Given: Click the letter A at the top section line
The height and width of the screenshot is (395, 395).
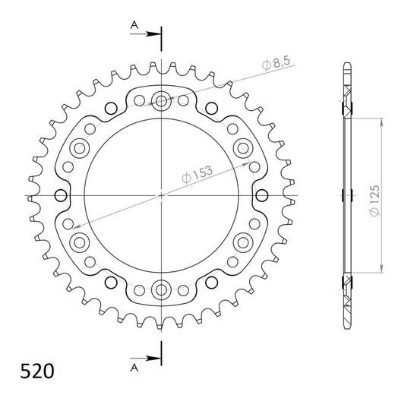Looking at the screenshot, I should click(x=134, y=25).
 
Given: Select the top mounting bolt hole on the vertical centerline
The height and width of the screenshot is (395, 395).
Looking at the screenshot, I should click(x=162, y=100).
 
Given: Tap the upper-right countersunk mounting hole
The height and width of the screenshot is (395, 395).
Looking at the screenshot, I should click(x=244, y=147).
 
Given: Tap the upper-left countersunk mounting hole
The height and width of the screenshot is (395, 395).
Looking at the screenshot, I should click(x=80, y=147).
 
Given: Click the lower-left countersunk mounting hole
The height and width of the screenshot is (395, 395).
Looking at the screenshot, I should click(x=80, y=242).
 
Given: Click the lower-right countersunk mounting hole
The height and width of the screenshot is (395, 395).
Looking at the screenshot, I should click(x=244, y=242).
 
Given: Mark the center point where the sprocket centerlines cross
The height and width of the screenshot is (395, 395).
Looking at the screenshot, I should click(x=162, y=195).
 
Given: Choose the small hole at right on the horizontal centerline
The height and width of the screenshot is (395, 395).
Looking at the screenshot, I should click(x=263, y=195).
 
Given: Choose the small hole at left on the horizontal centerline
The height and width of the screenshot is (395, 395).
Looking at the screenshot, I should click(x=61, y=195).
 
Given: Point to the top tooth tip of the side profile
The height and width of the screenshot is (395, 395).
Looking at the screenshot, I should click(x=347, y=65).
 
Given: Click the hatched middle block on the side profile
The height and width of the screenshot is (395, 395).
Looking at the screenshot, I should click(x=348, y=195).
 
